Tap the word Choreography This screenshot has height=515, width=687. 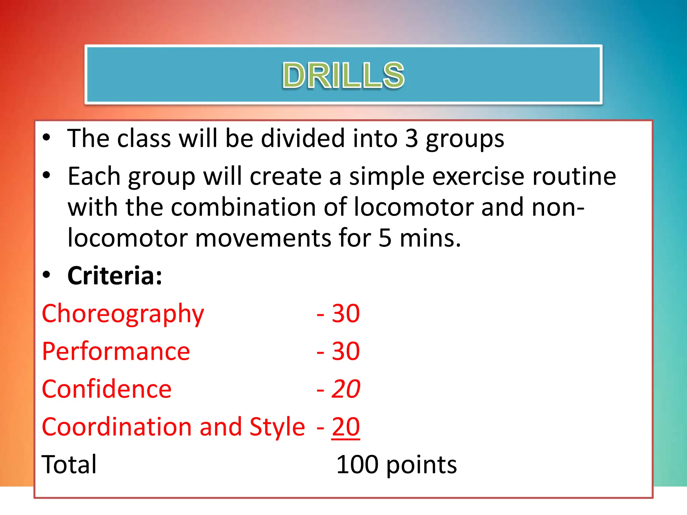(x=123, y=314)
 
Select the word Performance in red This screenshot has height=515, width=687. (x=116, y=351)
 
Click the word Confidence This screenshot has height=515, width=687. (x=107, y=389)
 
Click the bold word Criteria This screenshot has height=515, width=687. (x=114, y=276)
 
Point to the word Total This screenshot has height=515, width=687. (x=69, y=464)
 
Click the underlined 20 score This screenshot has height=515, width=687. (x=346, y=427)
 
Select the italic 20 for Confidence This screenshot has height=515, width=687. (x=346, y=389)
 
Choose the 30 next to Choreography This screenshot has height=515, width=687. (x=346, y=314)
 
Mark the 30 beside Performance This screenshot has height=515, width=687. (x=346, y=351)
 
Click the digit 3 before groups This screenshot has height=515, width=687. (x=412, y=138)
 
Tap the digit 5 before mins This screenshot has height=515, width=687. (x=385, y=238)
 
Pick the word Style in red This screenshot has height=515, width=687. (x=277, y=427)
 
